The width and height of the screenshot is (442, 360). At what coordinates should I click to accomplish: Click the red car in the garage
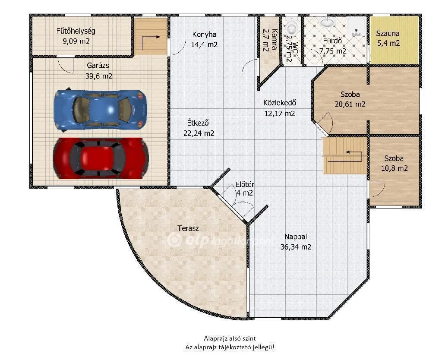click(x=101, y=158)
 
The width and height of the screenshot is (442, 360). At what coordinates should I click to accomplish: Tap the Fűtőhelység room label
click(x=76, y=31)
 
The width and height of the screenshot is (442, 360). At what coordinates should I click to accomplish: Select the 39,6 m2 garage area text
click(x=99, y=76)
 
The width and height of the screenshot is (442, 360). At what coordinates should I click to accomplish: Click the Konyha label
click(x=204, y=35)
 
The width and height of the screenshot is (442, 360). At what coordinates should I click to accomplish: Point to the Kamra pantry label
click(x=266, y=40)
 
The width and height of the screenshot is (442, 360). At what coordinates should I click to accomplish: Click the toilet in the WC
click(x=292, y=29)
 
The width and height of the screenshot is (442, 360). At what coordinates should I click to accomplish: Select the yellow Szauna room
click(x=395, y=39)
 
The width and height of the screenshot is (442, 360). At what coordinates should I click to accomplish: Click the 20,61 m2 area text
click(x=350, y=104)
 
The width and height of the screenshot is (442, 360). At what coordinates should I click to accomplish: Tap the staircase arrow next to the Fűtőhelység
click(x=151, y=39)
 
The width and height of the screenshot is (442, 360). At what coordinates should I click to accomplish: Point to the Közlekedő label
click(x=279, y=103)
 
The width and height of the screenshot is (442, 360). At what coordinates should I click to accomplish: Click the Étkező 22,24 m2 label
click(x=199, y=128)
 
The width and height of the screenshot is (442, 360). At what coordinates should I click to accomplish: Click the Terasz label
click(x=188, y=228)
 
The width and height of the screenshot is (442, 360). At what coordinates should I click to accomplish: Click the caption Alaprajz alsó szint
click(x=232, y=339)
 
